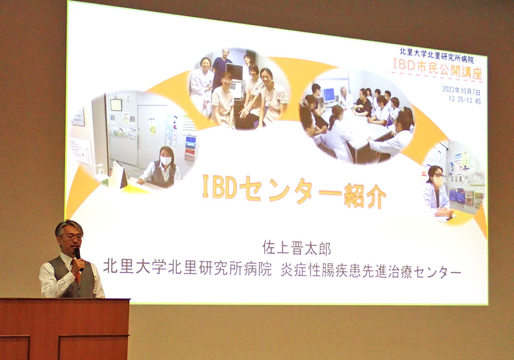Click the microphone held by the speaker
78,258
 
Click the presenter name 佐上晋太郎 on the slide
297,248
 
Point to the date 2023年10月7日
461,90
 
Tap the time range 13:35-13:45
465,100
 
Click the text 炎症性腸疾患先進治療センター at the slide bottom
371,272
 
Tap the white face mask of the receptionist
166,160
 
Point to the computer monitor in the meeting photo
329,96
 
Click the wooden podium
65,329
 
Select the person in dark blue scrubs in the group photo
222,67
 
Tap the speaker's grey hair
68,226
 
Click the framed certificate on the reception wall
116,105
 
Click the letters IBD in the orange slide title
219,187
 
